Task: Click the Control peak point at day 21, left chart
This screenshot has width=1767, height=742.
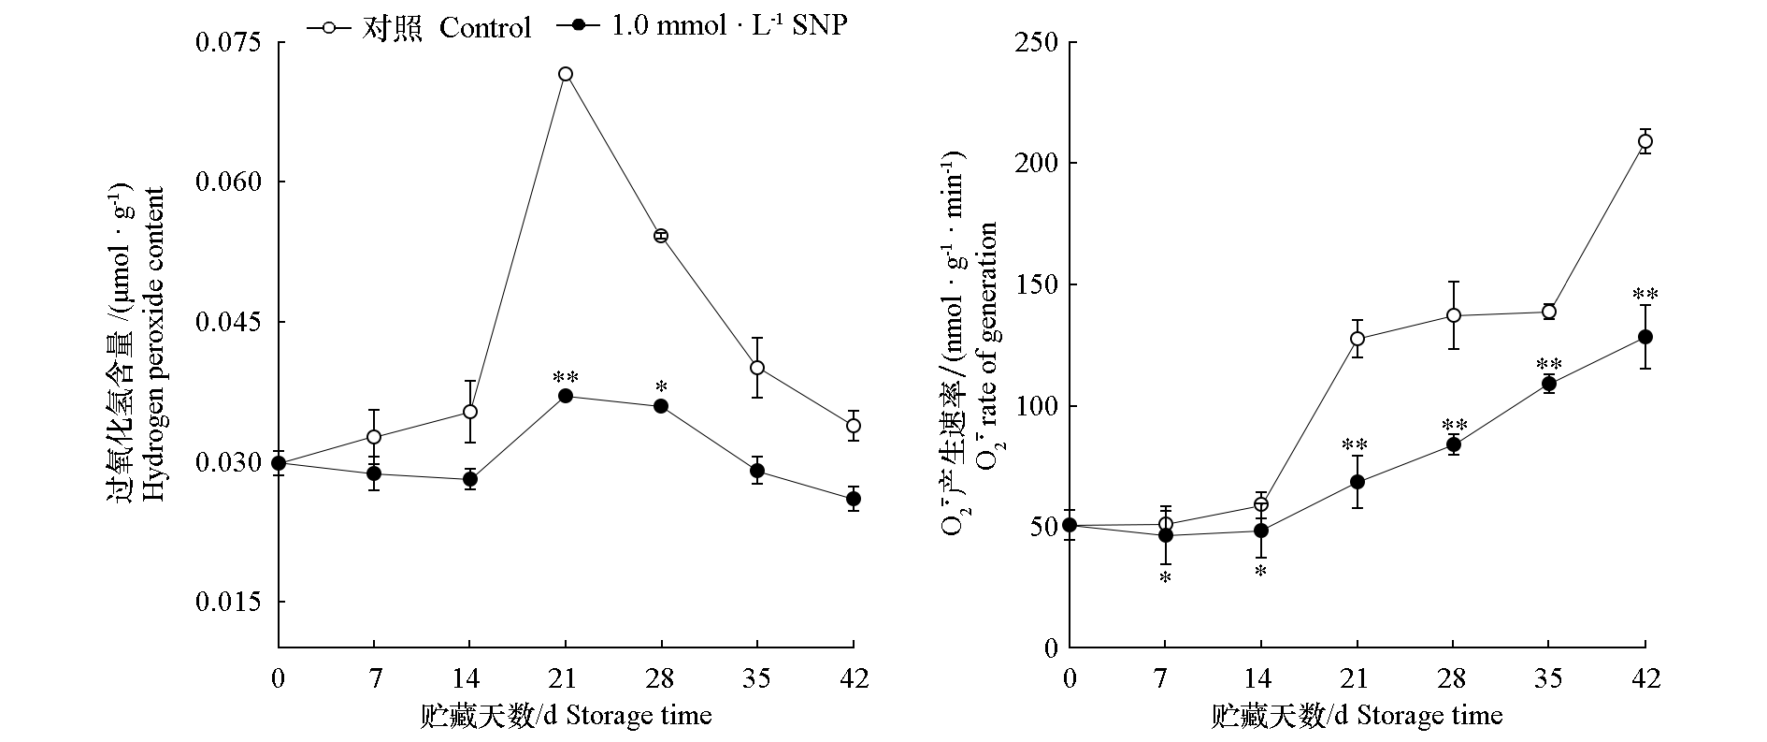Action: click(x=565, y=74)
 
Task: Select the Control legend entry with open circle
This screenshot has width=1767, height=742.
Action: click(x=420, y=28)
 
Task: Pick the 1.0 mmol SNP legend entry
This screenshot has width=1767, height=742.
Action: click(x=701, y=26)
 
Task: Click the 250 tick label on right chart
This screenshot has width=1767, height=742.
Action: click(x=1037, y=43)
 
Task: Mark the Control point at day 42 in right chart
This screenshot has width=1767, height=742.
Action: click(x=1645, y=142)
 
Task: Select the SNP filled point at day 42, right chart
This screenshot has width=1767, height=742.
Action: click(x=1645, y=337)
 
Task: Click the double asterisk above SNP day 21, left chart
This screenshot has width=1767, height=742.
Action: click(x=565, y=378)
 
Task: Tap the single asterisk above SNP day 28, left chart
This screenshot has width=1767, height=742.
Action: click(x=661, y=387)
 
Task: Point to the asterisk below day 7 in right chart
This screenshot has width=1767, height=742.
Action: click(x=1165, y=578)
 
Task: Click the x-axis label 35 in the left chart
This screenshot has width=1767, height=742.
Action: click(x=757, y=677)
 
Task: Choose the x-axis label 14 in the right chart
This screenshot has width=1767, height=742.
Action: click(x=1261, y=677)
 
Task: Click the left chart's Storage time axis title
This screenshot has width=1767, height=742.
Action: click(x=566, y=717)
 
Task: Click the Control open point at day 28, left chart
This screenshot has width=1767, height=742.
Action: click(x=661, y=236)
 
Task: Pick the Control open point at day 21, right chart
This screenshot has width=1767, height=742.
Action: click(x=1357, y=339)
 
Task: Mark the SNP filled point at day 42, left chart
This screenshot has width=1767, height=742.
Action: click(x=853, y=499)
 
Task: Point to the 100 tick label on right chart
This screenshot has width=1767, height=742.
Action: click(x=1037, y=407)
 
